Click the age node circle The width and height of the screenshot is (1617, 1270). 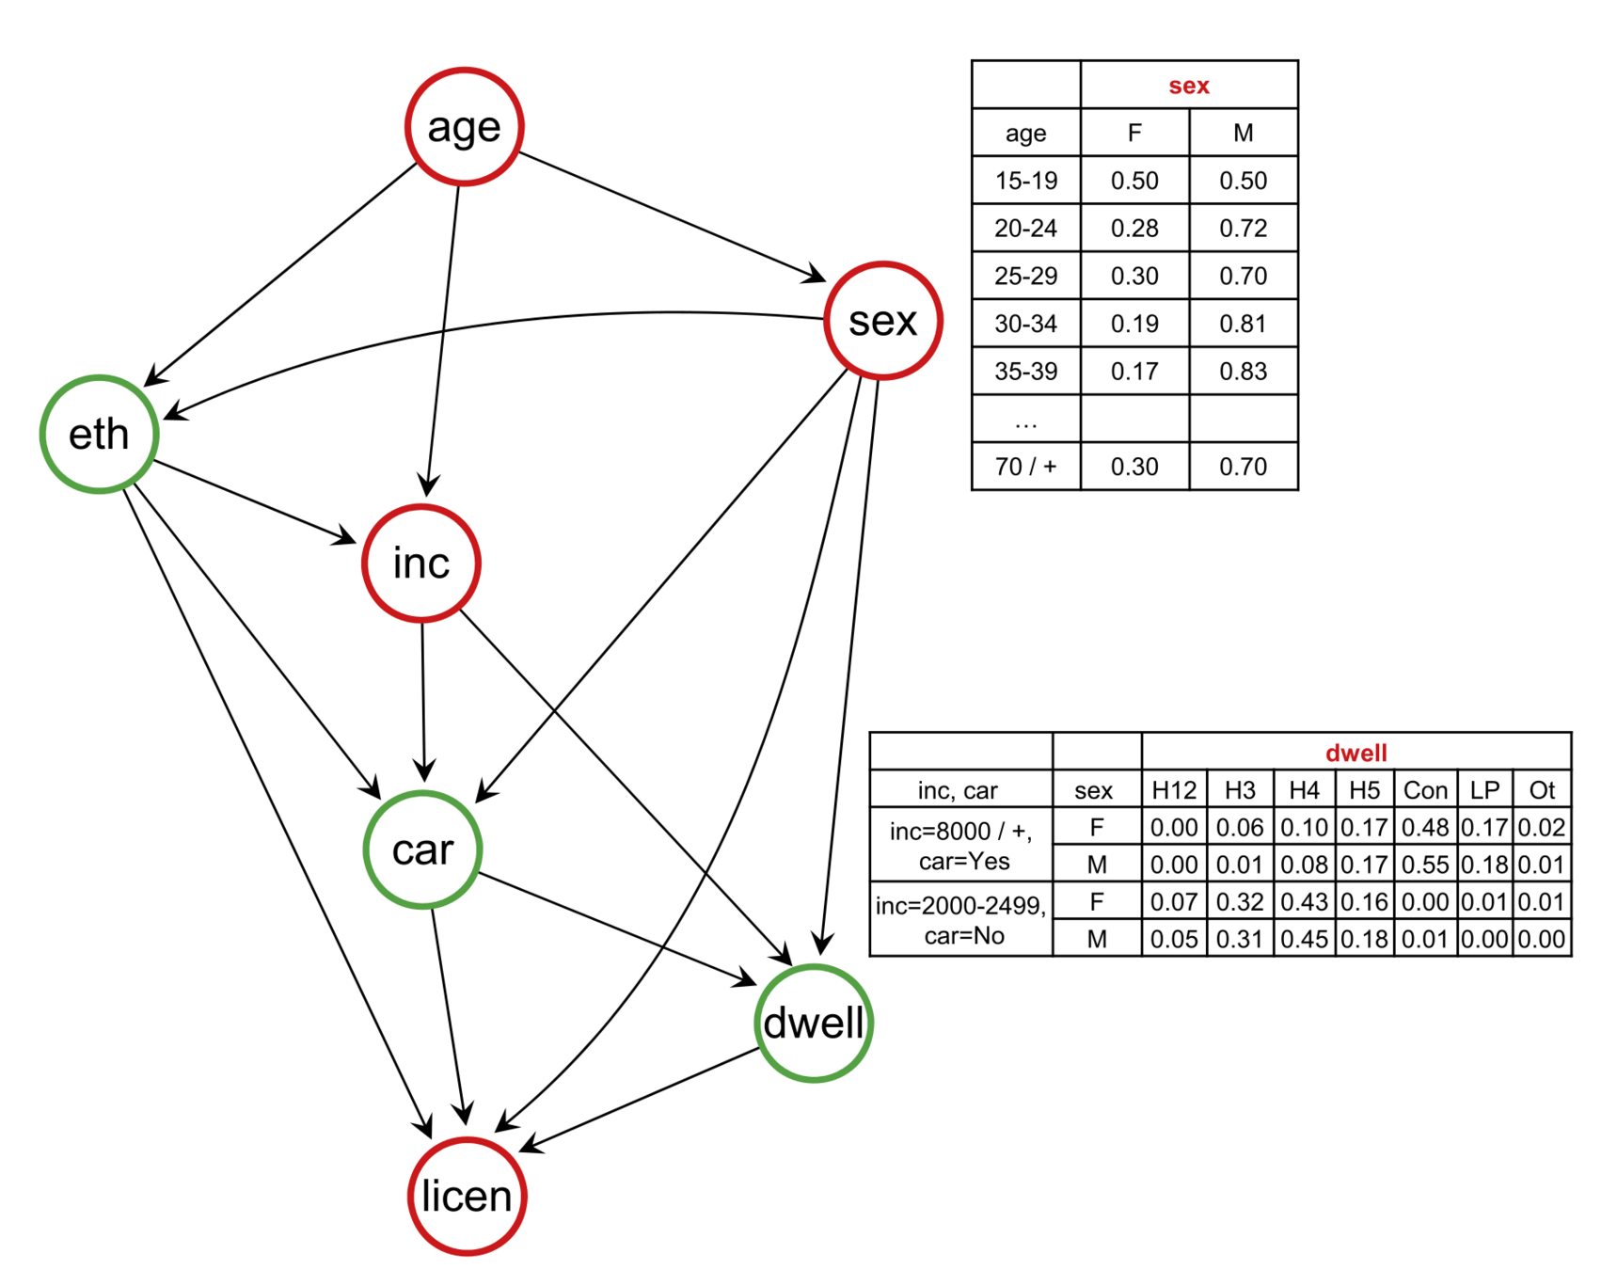(x=464, y=126)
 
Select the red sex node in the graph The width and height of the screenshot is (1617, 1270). (x=882, y=321)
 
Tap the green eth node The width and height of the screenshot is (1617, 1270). (x=99, y=434)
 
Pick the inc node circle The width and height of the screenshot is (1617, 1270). (x=421, y=563)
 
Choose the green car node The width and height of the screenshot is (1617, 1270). (x=422, y=849)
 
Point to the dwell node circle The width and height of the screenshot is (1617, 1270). (x=814, y=1023)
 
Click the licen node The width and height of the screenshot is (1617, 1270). (x=467, y=1196)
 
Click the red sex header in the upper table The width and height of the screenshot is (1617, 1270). (x=1188, y=86)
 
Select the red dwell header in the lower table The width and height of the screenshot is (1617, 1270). (x=1355, y=753)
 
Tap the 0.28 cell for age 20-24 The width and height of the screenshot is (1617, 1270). (x=1134, y=229)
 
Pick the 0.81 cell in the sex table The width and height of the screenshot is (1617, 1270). (x=1243, y=324)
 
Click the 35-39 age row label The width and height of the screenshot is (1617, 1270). (x=1025, y=372)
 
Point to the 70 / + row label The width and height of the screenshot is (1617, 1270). (x=1025, y=467)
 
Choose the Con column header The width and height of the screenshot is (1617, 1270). (x=1425, y=790)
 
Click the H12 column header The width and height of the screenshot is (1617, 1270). (x=1174, y=790)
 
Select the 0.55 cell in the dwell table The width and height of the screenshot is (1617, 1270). (x=1425, y=865)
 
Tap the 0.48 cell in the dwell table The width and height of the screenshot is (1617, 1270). (x=1425, y=827)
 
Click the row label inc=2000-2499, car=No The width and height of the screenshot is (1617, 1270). (x=961, y=920)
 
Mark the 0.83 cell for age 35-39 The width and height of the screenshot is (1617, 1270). (x=1243, y=372)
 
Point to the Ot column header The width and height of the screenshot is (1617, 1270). (x=1542, y=790)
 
